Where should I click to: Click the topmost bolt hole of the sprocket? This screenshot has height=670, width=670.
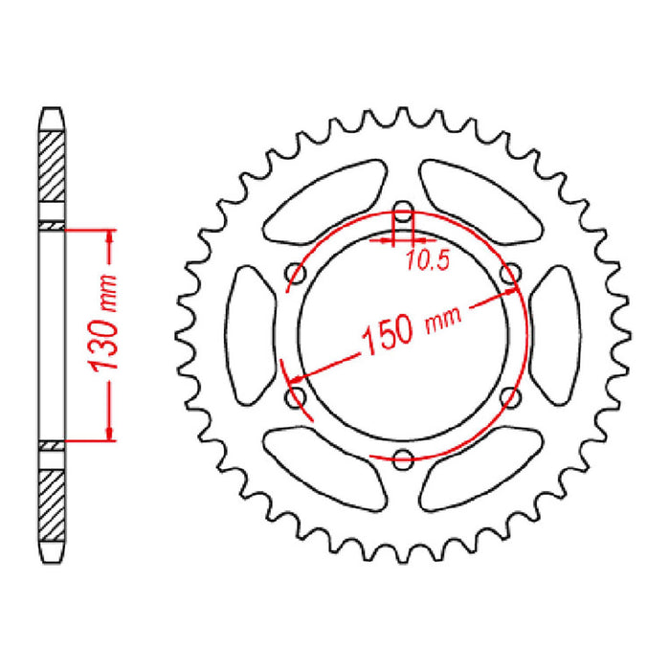pos(403,213)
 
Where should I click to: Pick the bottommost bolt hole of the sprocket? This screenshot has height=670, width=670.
pos(404,456)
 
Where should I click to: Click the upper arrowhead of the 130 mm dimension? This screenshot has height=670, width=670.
pos(111,238)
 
